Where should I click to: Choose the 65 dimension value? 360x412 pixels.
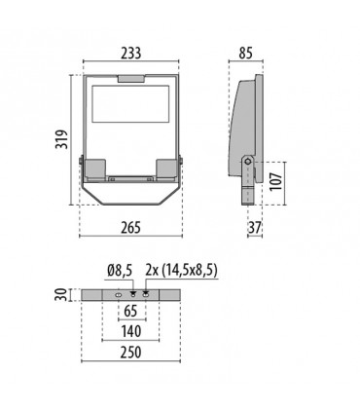tap(131, 313)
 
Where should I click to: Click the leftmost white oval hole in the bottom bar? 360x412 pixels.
tap(118, 294)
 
